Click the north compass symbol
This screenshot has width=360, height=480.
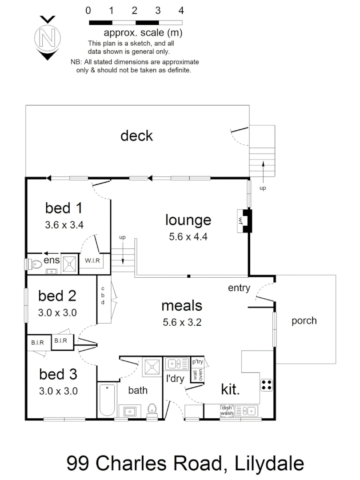(x=48, y=38)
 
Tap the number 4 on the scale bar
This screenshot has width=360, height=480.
(x=180, y=10)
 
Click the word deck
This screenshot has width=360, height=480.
(x=136, y=136)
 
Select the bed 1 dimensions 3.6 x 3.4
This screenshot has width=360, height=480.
(x=64, y=225)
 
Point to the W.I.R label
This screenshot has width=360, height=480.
(x=92, y=261)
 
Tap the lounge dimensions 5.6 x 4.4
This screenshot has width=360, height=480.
(x=188, y=237)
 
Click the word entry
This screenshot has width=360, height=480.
(x=239, y=288)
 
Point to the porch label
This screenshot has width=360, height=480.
(x=304, y=320)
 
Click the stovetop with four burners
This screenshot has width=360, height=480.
(x=267, y=385)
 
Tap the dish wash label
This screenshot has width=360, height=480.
(x=227, y=410)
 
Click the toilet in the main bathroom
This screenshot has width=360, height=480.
(x=152, y=408)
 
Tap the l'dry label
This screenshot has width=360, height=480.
(x=175, y=380)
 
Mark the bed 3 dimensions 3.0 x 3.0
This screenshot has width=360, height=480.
(x=59, y=392)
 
